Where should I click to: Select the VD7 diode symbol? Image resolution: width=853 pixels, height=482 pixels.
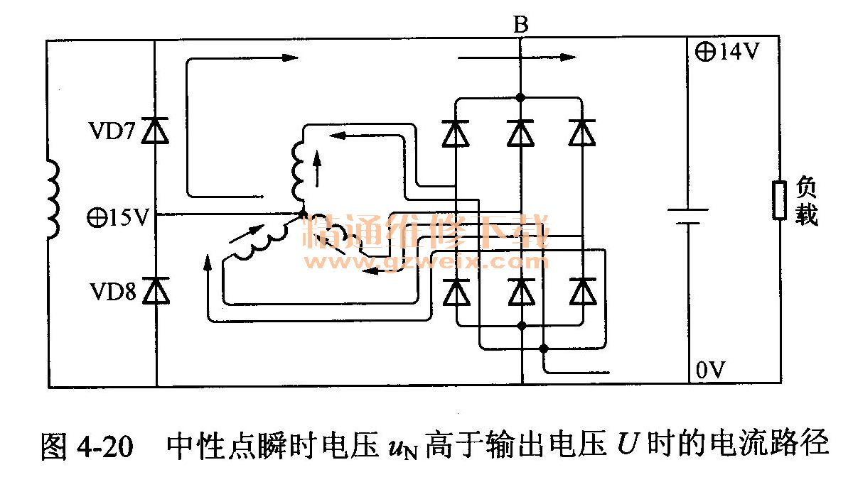pyautogui.click(x=156, y=131)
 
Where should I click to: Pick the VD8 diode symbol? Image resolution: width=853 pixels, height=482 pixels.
pyautogui.click(x=156, y=290)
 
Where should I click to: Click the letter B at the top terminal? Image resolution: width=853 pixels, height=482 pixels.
pyautogui.click(x=520, y=26)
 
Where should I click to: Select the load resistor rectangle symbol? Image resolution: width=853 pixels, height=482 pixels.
pyautogui.click(x=780, y=200)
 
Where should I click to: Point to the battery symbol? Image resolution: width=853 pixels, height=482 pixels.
pyautogui.click(x=687, y=216)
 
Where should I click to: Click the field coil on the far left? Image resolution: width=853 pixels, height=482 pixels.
pyautogui.click(x=52, y=199)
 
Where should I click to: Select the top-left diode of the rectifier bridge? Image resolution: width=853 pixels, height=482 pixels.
pyautogui.click(x=456, y=133)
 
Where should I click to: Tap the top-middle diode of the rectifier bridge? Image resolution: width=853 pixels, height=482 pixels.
pyautogui.click(x=520, y=133)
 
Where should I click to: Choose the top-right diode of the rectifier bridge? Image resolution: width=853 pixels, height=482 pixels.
pyautogui.click(x=583, y=133)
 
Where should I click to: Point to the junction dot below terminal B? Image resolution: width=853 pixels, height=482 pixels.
pyautogui.click(x=520, y=97)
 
